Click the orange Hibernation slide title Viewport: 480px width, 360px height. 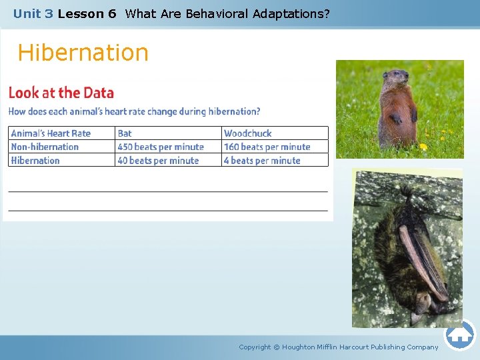pyautogui.click(x=83, y=53)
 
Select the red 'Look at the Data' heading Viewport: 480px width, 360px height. pyautogui.click(x=61, y=93)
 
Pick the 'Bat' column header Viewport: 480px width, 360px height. pyautogui.click(x=125, y=133)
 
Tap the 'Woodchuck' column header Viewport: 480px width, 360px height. pyautogui.click(x=248, y=133)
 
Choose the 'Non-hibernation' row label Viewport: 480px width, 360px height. pyautogui.click(x=45, y=147)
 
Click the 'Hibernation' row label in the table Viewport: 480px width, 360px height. pyautogui.click(x=35, y=161)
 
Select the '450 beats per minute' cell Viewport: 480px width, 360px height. pyautogui.click(x=161, y=147)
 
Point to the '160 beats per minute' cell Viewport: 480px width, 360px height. pyautogui.click(x=267, y=147)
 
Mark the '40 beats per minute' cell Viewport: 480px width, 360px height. pyautogui.click(x=158, y=161)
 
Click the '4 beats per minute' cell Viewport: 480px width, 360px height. pyautogui.click(x=262, y=161)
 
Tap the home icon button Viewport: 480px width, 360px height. pyautogui.click(x=460, y=335)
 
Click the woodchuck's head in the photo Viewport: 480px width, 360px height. pyautogui.click(x=398, y=78)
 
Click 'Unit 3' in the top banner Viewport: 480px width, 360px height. pyautogui.click(x=33, y=13)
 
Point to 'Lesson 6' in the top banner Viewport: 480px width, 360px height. pyautogui.click(x=87, y=13)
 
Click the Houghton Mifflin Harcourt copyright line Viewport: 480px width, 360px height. pyautogui.click(x=339, y=347)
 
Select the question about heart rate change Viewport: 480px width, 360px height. pyautogui.click(x=134, y=111)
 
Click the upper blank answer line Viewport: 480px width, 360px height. pyautogui.click(x=168, y=191)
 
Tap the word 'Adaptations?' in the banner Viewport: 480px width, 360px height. pyautogui.click(x=291, y=13)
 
